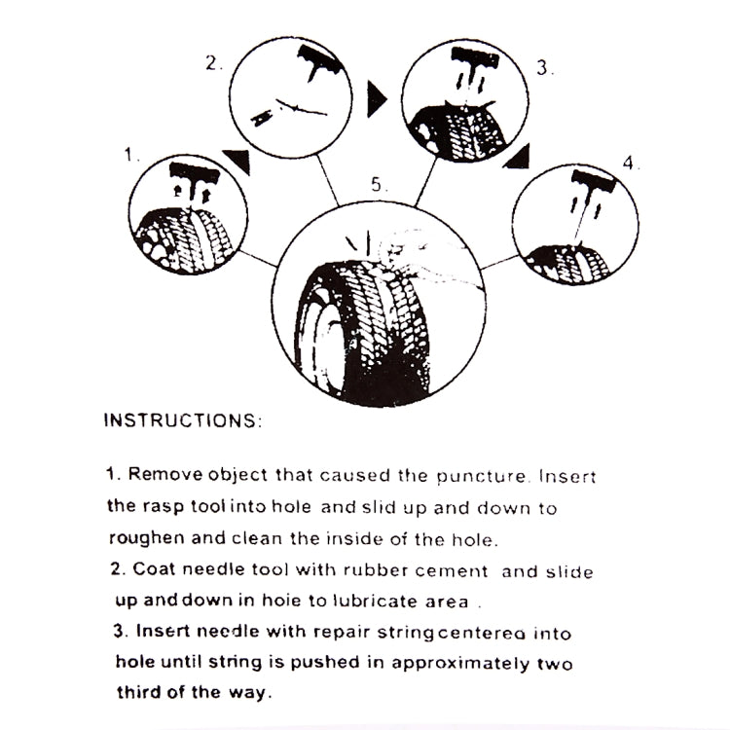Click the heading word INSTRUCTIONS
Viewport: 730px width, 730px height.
[x=181, y=421]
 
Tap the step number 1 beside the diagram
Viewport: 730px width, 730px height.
[x=128, y=154]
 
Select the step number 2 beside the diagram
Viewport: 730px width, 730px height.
[x=212, y=64]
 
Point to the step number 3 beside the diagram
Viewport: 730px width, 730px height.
[x=544, y=68]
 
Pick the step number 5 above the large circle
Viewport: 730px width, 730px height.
[x=378, y=183]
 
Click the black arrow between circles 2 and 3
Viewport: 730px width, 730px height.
[x=376, y=95]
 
